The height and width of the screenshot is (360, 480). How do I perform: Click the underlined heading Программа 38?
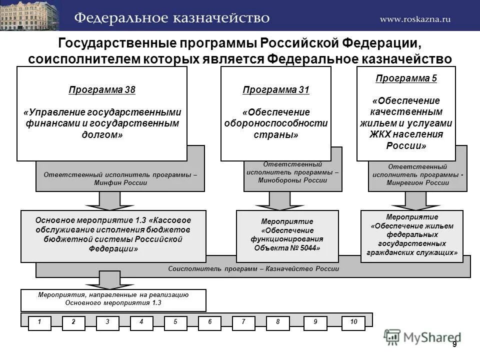102,90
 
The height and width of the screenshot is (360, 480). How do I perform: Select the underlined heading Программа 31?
276,90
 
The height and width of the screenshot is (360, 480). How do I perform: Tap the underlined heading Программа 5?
406,78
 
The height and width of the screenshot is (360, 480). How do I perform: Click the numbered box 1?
39,322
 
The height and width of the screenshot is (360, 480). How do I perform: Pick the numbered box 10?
354,322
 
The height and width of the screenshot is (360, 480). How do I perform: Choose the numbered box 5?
175,322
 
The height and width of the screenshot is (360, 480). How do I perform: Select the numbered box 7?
243,322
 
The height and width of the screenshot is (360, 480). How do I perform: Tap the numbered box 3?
107,322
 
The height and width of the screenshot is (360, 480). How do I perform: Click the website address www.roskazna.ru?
415,19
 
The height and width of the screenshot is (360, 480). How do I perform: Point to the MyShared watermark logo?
422,337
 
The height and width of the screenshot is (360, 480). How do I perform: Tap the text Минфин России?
120,183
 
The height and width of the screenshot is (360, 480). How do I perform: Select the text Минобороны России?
293,180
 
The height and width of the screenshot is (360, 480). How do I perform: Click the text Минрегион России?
417,183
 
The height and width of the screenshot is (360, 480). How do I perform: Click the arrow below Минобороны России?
272,201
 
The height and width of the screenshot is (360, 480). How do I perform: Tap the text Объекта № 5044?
287,248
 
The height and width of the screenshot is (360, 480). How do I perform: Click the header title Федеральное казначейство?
172,18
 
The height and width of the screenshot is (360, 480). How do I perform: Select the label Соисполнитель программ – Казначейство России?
253,269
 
